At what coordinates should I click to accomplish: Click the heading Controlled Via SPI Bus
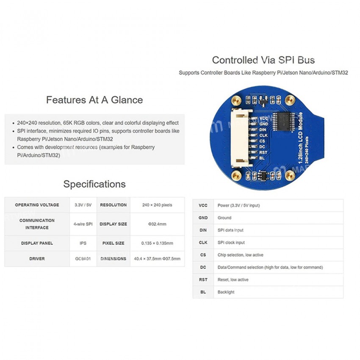[263, 60]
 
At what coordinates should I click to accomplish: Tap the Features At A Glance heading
[94, 100]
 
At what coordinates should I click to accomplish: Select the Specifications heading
[94, 184]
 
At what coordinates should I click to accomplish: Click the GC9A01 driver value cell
[83, 259]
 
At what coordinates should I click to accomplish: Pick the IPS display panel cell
[83, 243]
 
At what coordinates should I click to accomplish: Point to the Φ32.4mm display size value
[157, 224]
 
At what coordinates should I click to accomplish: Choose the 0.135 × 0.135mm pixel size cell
[157, 243]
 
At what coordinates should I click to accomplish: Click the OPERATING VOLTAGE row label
[37, 205]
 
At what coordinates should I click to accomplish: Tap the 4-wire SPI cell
[83, 224]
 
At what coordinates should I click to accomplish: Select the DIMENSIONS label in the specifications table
[114, 259]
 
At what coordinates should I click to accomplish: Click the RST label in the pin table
[203, 280]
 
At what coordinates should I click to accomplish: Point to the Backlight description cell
[226, 292]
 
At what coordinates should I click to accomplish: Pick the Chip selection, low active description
[241, 255]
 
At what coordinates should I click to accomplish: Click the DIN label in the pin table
[203, 230]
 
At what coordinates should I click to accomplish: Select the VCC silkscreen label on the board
[263, 119]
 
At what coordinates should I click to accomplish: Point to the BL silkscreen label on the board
[262, 158]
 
